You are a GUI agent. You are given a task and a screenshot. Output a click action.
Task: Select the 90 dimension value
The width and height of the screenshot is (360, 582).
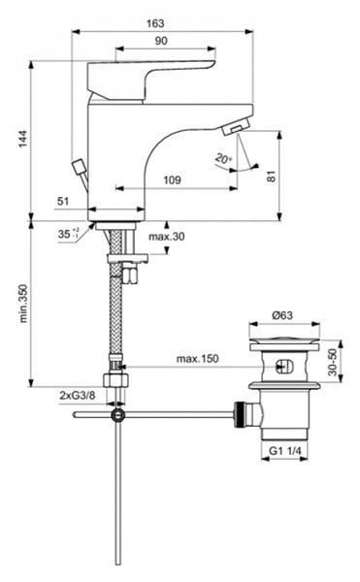160,41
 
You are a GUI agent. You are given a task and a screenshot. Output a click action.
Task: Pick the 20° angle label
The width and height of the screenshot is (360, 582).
223,158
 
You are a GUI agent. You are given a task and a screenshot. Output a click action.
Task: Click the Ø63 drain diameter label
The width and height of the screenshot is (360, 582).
281,314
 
